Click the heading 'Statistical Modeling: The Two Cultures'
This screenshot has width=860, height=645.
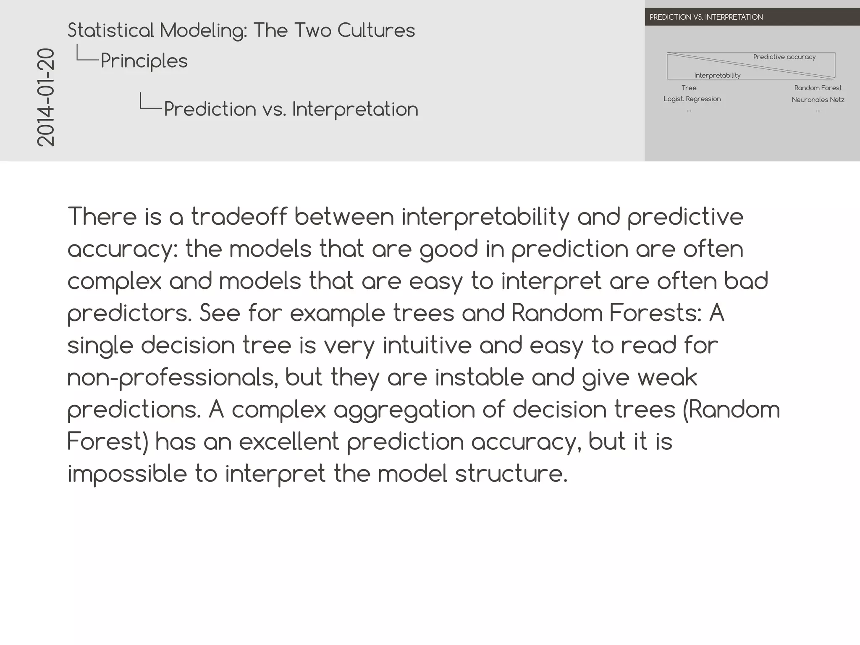pyautogui.click(x=241, y=30)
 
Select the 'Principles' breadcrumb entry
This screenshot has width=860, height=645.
pyautogui.click(x=144, y=61)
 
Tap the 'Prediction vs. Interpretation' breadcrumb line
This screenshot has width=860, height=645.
pyautogui.click(x=291, y=109)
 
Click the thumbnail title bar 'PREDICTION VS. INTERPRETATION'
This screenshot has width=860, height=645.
pyautogui.click(x=706, y=17)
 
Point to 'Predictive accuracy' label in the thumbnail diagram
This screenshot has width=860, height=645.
pyautogui.click(x=784, y=57)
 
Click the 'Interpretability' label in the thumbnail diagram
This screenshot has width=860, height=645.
pyautogui.click(x=717, y=75)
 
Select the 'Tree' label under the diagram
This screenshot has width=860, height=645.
pyautogui.click(x=689, y=88)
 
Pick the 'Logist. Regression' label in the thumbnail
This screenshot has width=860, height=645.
pyautogui.click(x=692, y=99)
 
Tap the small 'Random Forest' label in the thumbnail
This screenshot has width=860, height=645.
pyautogui.click(x=818, y=88)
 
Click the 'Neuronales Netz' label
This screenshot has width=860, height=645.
pyautogui.click(x=818, y=100)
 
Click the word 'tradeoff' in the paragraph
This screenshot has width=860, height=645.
pyautogui.click(x=239, y=217)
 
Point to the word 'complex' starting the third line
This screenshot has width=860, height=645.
pyautogui.click(x=114, y=281)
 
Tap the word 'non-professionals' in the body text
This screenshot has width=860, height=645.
pyautogui.click(x=172, y=378)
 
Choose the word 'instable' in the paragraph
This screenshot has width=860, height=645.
pyautogui.click(x=479, y=377)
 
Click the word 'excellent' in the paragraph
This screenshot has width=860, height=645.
pyautogui.click(x=289, y=442)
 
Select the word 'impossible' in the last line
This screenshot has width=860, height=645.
pyautogui.click(x=127, y=474)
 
